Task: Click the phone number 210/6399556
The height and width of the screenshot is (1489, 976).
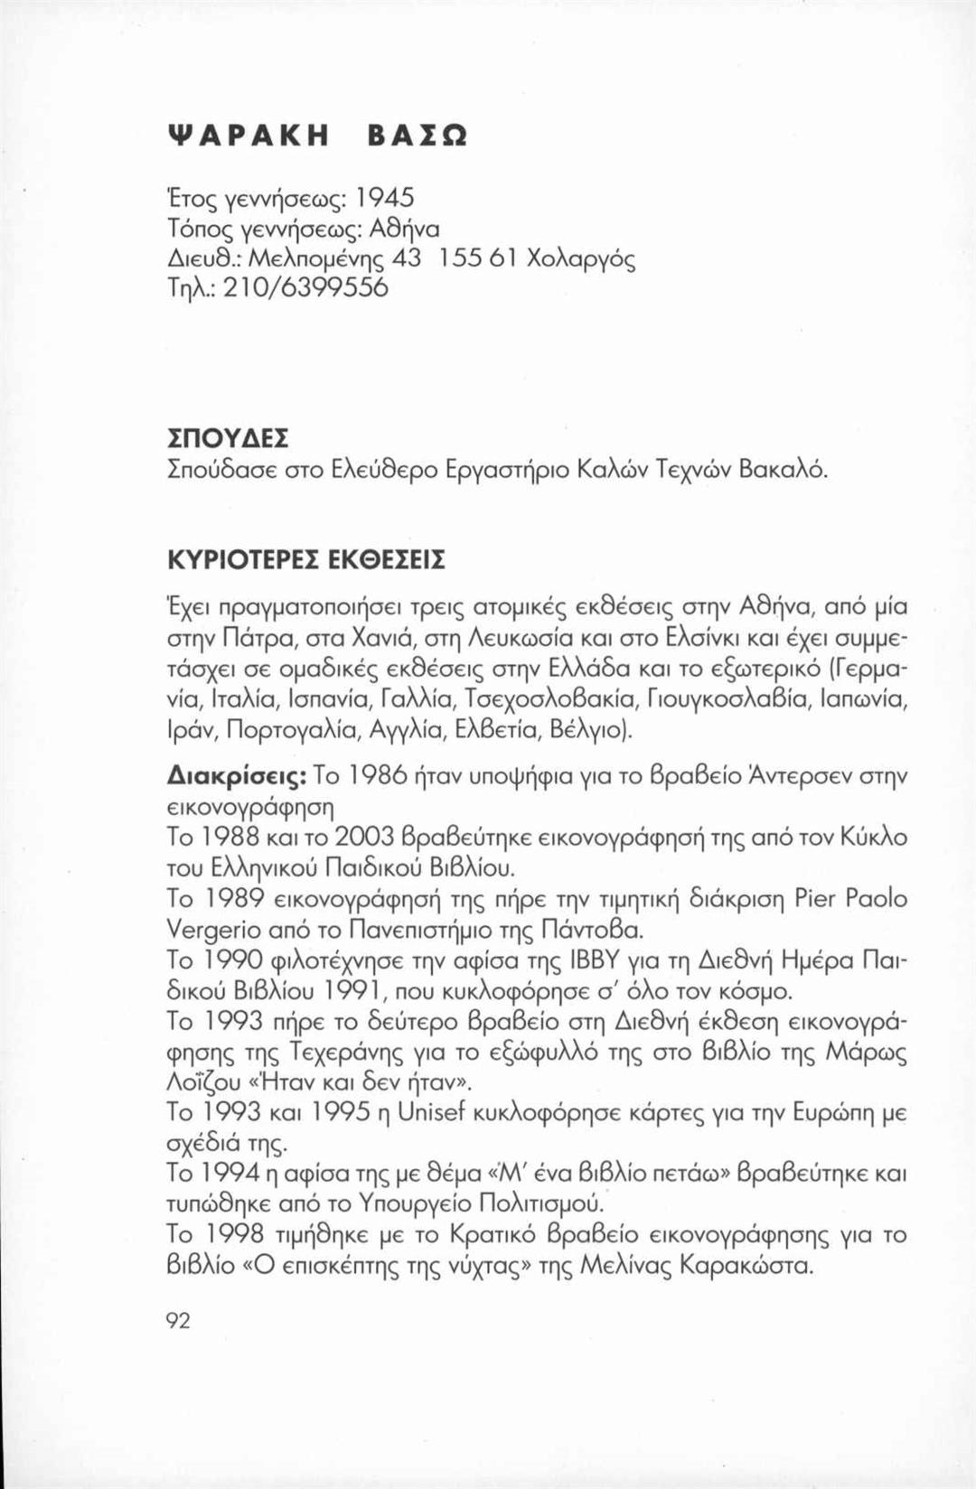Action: click(301, 288)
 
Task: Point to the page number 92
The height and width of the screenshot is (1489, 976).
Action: click(178, 1321)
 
